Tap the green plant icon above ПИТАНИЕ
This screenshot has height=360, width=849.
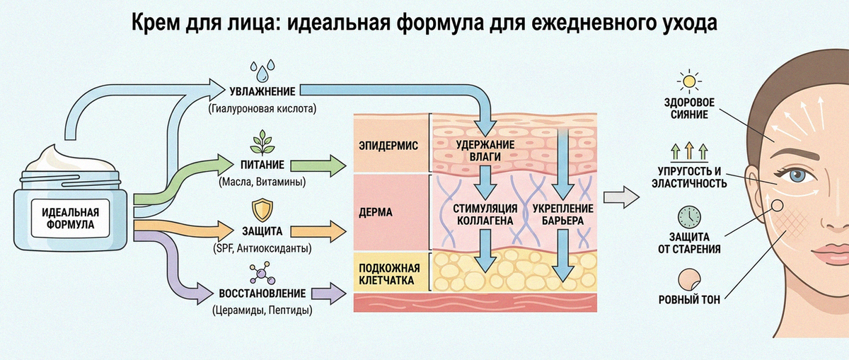(x=262, y=142)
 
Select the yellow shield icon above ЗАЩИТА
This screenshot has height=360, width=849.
(x=262, y=211)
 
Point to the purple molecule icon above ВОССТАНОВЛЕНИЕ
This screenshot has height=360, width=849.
(x=262, y=273)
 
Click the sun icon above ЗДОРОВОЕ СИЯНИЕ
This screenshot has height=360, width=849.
(x=688, y=81)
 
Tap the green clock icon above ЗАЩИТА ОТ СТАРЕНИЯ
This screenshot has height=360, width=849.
(x=689, y=217)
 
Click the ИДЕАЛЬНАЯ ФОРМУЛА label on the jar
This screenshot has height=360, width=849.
(x=71, y=219)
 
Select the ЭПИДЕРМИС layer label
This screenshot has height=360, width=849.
(x=388, y=146)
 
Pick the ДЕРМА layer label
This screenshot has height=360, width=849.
(x=376, y=212)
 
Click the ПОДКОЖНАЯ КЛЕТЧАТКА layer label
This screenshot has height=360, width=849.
(x=389, y=274)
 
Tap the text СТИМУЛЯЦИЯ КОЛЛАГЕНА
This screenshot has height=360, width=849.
(x=485, y=214)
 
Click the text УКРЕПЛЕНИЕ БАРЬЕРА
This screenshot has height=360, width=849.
(x=563, y=214)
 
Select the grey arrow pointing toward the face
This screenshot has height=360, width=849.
(x=621, y=197)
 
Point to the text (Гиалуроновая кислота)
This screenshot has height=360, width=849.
(x=262, y=109)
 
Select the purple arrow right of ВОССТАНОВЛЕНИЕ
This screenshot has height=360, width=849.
(x=328, y=294)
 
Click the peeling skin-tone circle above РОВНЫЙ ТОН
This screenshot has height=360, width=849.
(x=689, y=279)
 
